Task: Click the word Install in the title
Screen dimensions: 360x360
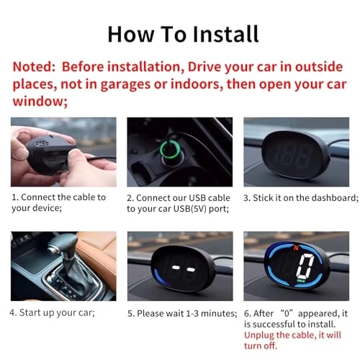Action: [x=225, y=34]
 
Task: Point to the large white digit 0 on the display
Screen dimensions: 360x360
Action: [x=305, y=266]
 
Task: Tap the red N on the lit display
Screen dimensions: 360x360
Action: [x=296, y=247]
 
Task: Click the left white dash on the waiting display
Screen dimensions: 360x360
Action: [x=176, y=267]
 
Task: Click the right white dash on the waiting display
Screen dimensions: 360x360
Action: [x=191, y=269]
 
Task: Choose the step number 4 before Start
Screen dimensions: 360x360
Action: [x=13, y=312]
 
